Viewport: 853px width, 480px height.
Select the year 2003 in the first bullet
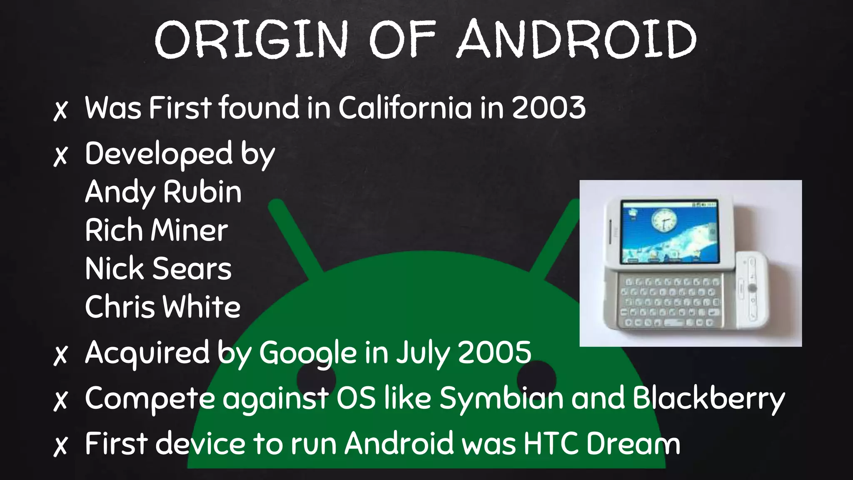point(548,108)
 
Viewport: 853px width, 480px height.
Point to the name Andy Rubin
point(163,192)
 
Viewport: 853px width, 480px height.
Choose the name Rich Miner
point(157,230)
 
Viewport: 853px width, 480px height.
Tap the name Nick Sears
point(158,269)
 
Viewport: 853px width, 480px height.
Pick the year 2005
point(494,352)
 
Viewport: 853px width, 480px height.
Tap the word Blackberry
point(708,398)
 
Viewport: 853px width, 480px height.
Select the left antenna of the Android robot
point(294,237)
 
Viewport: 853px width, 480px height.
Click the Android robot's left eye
point(317,380)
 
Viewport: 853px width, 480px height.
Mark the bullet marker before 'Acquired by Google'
point(61,355)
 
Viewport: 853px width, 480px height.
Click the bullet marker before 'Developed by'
point(61,156)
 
